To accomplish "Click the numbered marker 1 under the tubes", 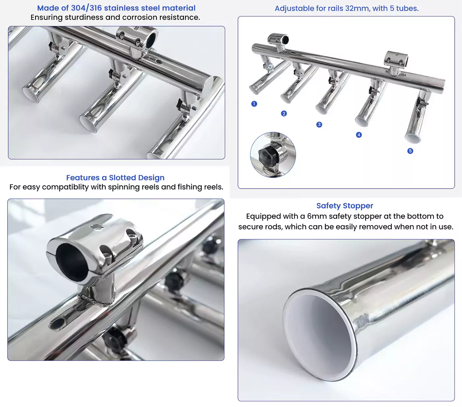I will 254,104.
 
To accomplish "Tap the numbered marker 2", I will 284,114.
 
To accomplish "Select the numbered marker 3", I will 319,125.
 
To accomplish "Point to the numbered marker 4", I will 359,135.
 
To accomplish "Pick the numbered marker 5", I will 410,151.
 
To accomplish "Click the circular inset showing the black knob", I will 273,155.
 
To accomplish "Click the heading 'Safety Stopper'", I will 345,206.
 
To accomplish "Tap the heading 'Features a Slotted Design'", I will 115,178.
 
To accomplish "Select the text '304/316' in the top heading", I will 86,8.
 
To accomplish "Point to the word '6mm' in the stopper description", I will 317,216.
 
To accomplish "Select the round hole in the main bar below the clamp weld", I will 58,323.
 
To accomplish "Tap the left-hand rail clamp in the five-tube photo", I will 278,40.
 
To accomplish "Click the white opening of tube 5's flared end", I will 412,138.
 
